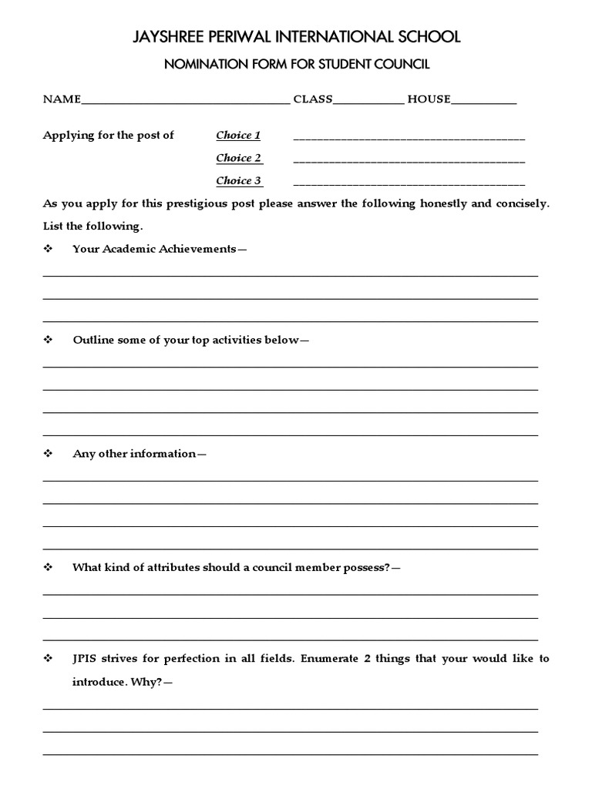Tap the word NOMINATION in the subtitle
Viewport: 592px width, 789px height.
[x=203, y=65]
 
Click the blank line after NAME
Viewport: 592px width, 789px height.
[x=185, y=101]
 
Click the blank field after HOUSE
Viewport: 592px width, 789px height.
[x=484, y=101]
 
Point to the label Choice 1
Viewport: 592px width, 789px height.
[x=238, y=136]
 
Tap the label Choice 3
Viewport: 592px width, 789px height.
[x=238, y=181]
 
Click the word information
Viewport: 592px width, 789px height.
[x=163, y=454]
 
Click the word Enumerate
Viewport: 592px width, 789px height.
[x=326, y=660]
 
